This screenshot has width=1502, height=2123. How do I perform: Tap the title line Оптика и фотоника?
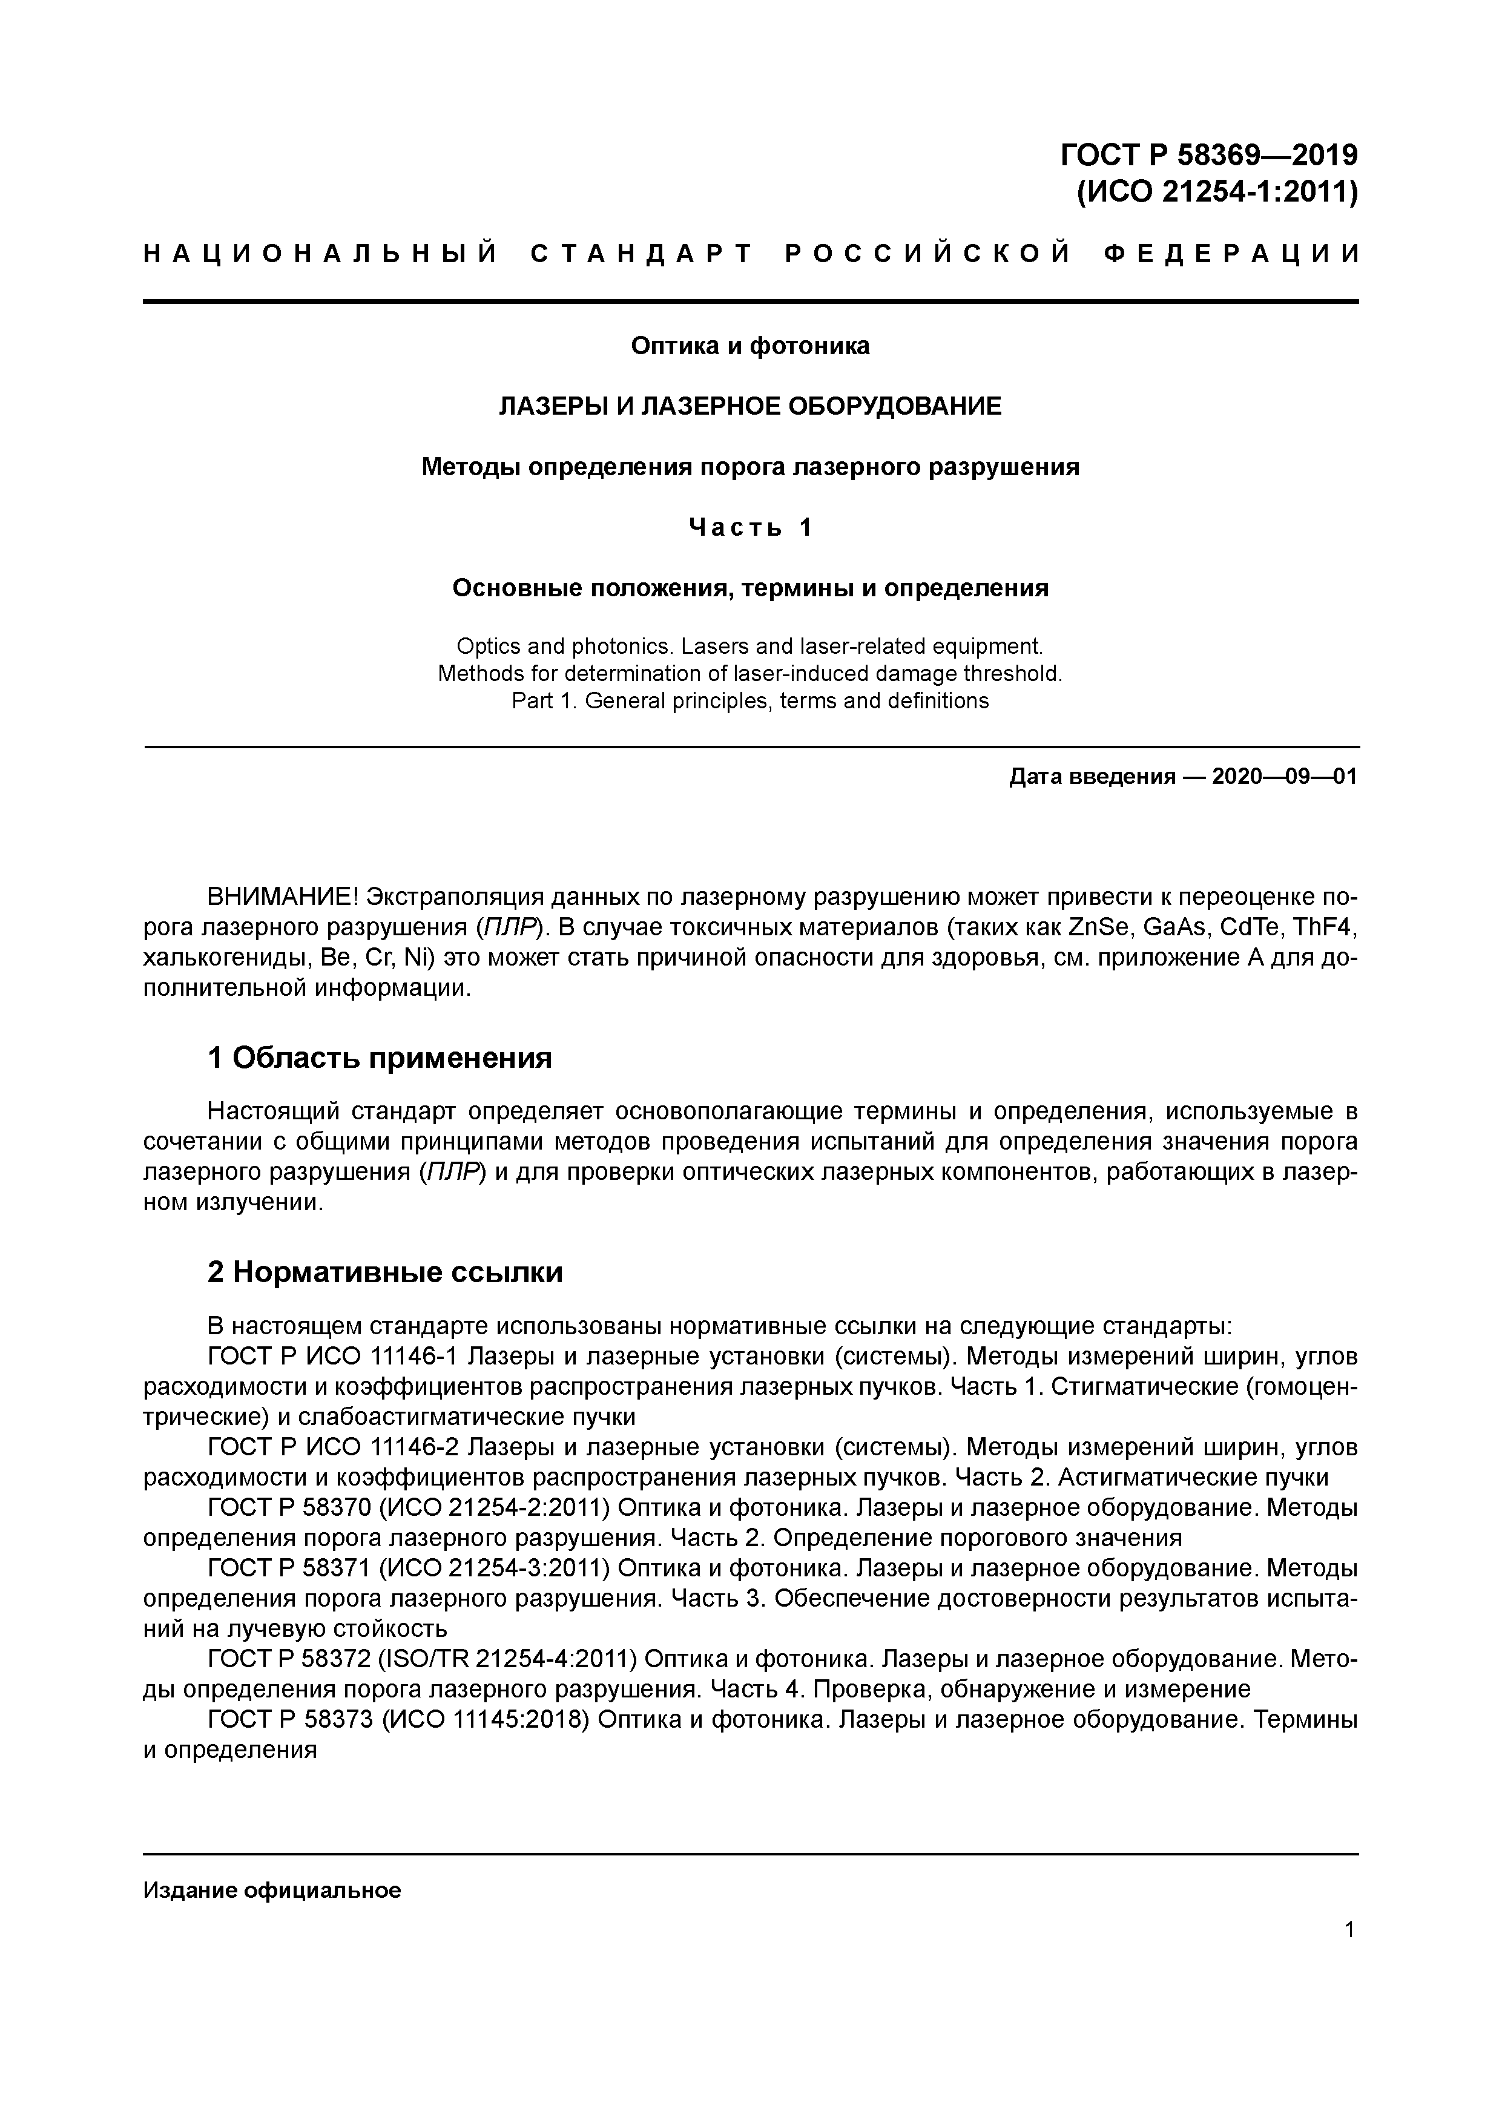click(x=750, y=346)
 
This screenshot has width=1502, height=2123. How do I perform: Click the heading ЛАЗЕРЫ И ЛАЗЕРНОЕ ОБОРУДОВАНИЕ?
click(x=750, y=406)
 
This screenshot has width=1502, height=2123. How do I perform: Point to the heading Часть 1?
click(x=750, y=527)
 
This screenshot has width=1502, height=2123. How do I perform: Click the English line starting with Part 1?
click(x=750, y=701)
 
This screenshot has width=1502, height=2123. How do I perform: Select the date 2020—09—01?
click(x=1283, y=777)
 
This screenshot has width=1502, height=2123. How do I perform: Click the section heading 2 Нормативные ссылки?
click(x=385, y=1273)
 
